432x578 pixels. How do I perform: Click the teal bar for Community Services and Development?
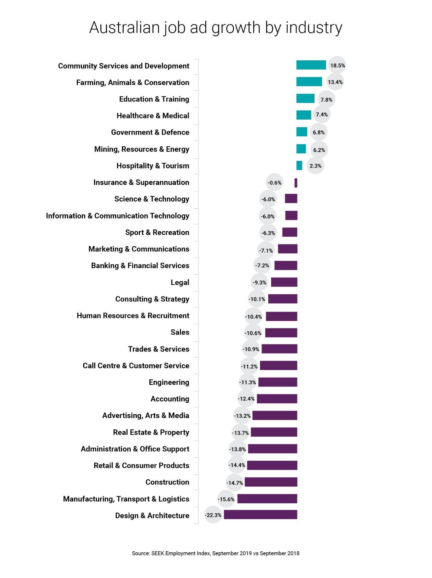point(311,65)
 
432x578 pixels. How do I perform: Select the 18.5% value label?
point(337,66)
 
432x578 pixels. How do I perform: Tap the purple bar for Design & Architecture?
point(260,515)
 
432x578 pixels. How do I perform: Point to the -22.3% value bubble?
point(213,515)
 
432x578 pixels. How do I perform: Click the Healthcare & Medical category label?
point(153,116)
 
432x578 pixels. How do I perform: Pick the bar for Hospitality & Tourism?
point(299,166)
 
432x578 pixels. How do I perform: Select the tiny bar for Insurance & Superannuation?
point(296,183)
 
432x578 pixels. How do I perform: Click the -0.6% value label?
point(275,183)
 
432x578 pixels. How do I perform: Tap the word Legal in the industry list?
point(180,282)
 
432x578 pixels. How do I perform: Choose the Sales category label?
point(180,332)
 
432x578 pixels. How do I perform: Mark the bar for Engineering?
point(277,382)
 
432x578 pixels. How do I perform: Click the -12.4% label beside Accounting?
point(246,399)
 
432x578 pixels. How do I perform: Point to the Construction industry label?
point(167,482)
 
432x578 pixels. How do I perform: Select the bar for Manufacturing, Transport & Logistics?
point(267,499)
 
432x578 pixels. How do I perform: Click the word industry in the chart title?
point(314,28)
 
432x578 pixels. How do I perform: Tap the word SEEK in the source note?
point(158,554)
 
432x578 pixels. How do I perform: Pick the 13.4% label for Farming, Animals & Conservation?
point(335,82)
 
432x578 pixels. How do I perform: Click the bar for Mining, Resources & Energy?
point(301,149)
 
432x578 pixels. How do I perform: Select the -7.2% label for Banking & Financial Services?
point(262,265)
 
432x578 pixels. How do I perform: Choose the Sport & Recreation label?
point(157,232)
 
